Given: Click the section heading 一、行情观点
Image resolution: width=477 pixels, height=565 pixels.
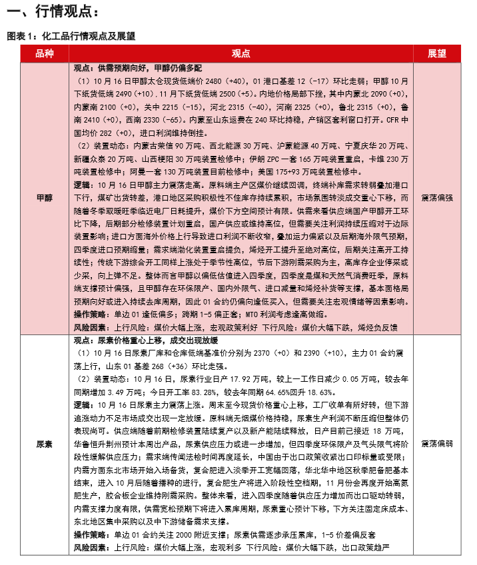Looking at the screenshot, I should tap(52, 12).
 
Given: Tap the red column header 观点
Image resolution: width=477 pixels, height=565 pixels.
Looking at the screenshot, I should tap(240, 54).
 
